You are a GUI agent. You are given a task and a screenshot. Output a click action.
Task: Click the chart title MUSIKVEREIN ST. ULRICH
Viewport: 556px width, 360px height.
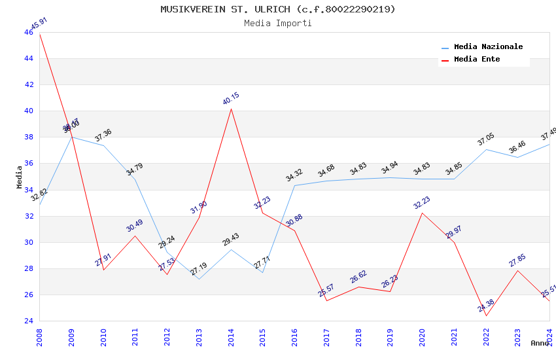coord(278,9)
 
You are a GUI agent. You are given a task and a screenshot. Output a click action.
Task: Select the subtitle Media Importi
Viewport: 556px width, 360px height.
coord(278,23)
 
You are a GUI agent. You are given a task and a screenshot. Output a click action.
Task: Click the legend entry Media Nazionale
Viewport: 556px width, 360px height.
coord(488,47)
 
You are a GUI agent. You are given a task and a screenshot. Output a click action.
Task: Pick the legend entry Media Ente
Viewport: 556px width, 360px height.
coord(477,59)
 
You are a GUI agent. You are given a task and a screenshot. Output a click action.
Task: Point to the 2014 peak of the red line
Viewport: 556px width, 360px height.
coord(231,109)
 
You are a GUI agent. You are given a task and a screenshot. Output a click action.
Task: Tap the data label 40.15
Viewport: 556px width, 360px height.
coord(231,99)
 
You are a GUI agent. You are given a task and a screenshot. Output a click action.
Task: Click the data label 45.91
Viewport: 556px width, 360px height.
coord(39,24)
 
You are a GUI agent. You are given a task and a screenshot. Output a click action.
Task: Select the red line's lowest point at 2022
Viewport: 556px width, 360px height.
coord(486,315)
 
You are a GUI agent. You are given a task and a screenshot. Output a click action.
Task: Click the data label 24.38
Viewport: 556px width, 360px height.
coord(486,306)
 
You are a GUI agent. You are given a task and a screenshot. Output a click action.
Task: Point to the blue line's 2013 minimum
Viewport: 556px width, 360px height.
coord(199,279)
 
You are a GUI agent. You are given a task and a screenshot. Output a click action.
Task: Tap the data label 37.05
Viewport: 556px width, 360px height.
coord(486,140)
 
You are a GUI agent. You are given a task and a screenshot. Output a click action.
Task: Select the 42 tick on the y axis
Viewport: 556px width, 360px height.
coord(29,84)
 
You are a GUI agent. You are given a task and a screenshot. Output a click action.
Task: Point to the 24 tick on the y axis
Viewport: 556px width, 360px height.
coord(29,321)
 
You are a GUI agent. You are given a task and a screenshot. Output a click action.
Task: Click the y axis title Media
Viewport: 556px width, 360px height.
coord(20,177)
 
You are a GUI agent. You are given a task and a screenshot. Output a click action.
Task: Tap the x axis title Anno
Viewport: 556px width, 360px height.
coord(540,343)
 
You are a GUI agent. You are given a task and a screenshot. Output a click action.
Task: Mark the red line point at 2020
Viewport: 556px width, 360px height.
coord(422,213)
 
